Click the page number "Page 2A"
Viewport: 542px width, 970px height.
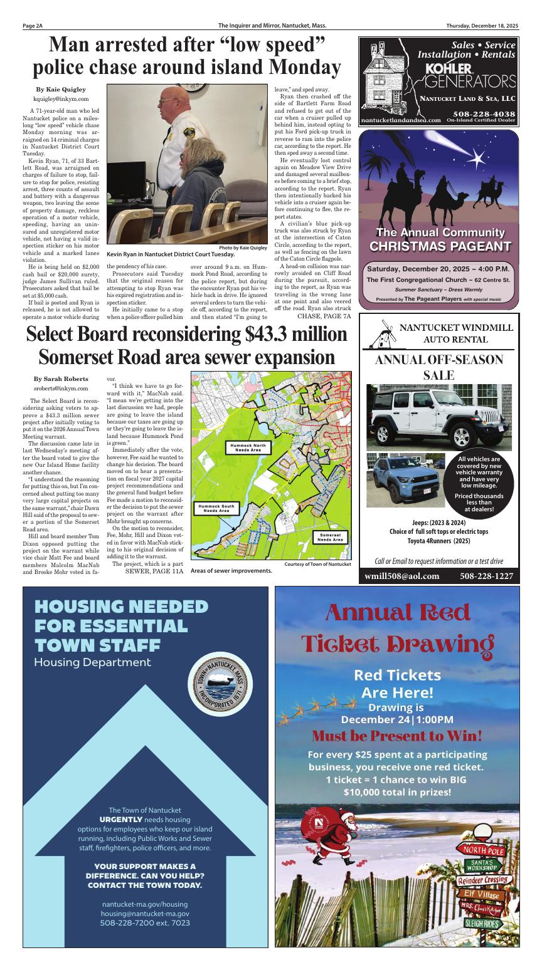pos(33,26)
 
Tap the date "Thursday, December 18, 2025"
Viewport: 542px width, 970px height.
pos(482,26)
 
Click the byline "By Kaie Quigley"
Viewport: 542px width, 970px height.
pos(61,90)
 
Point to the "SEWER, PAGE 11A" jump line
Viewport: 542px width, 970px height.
pos(154,571)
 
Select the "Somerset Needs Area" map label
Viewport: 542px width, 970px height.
pos(329,537)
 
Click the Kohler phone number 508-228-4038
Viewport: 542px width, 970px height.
pos(483,113)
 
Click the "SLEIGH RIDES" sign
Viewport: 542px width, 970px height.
pos(482,923)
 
